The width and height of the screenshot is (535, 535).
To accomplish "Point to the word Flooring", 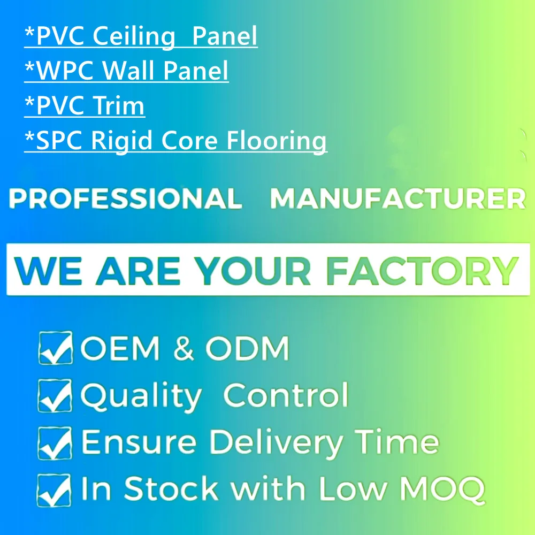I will point(277,141).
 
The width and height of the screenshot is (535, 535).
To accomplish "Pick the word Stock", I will point(172,489).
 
